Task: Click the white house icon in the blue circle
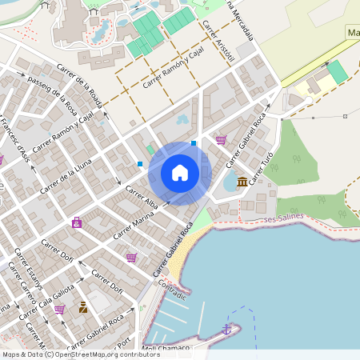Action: [x=180, y=173]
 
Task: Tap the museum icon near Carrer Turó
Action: [x=242, y=182]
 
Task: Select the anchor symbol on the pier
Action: [x=226, y=329]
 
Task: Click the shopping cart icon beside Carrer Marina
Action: [x=131, y=258]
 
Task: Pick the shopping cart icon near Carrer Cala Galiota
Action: [x=59, y=309]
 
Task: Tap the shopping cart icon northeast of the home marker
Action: [x=221, y=139]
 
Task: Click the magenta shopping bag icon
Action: [x=77, y=222]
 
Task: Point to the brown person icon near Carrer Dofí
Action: [x=83, y=307]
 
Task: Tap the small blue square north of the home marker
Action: [x=194, y=143]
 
